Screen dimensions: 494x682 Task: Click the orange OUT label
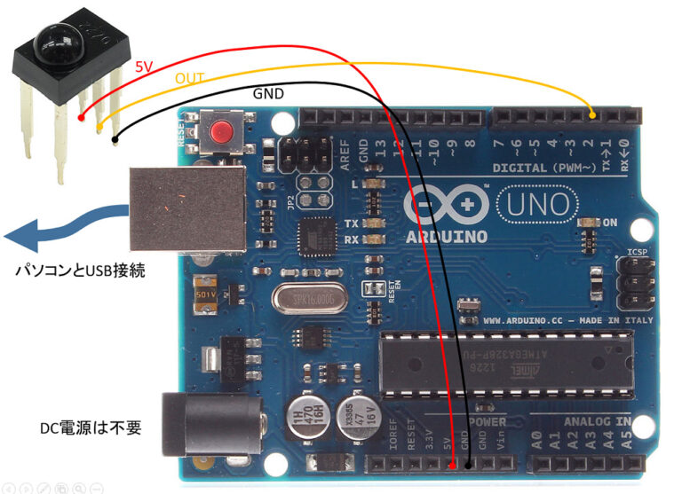click(x=188, y=79)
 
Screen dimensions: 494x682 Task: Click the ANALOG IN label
click(x=598, y=420)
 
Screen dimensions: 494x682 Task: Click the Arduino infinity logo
click(x=443, y=203)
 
